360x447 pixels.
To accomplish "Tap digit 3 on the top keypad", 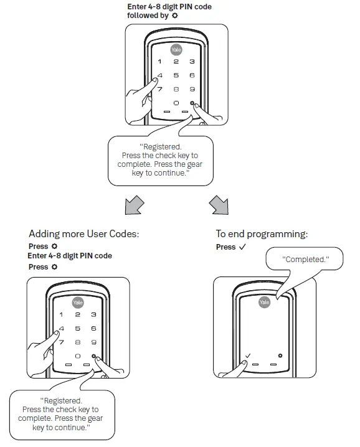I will coord(192,62).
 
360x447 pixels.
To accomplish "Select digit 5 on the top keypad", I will coord(176,75).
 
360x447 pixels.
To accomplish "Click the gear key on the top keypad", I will coord(192,103).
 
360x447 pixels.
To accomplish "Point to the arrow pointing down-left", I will coord(135,204).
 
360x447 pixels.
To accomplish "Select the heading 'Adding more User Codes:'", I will coord(83,234).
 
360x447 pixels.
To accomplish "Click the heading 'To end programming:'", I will coord(262,234).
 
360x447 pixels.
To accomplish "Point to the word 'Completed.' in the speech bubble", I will coord(305,258).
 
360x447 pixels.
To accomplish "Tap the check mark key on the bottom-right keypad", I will coord(248,356).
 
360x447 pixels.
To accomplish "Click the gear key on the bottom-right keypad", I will coord(281,355).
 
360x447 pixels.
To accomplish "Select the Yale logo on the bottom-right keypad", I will coord(265,301).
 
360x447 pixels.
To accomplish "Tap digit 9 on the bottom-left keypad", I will coord(93,342).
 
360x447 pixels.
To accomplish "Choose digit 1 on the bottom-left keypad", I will coord(61,315).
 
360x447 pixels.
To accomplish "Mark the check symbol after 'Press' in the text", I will coord(242,247).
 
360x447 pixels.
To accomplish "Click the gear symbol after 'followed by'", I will coord(175,16).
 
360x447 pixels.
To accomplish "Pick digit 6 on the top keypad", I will coord(192,75).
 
